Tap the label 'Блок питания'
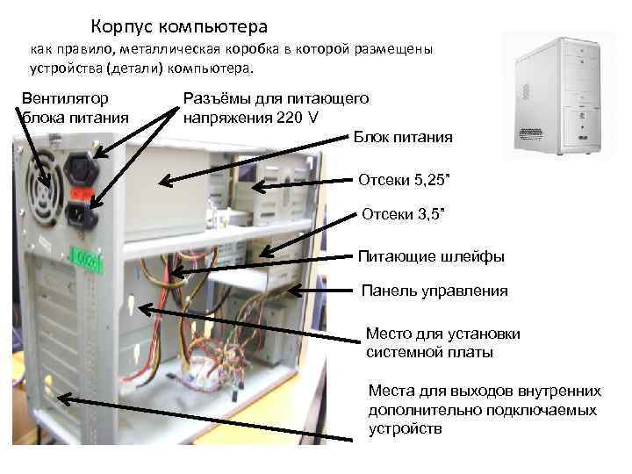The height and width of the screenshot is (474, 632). [403, 137]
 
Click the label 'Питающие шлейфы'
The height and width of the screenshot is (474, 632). [431, 256]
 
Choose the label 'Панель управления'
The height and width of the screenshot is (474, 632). [435, 291]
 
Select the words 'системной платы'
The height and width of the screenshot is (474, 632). [429, 352]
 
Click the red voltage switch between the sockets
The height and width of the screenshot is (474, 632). [82, 190]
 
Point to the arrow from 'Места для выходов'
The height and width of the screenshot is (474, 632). [211, 412]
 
